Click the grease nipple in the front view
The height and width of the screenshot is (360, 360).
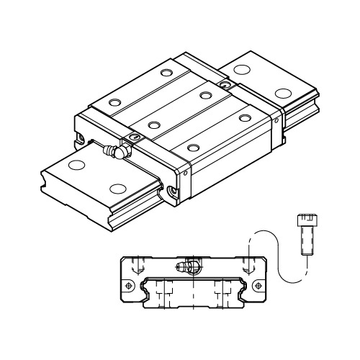pyautogui.click(x=189, y=266)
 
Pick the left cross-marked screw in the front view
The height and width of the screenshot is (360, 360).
pyautogui.click(x=130, y=286)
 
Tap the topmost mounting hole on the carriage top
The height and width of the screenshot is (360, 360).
pyautogui.click(x=167, y=73)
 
